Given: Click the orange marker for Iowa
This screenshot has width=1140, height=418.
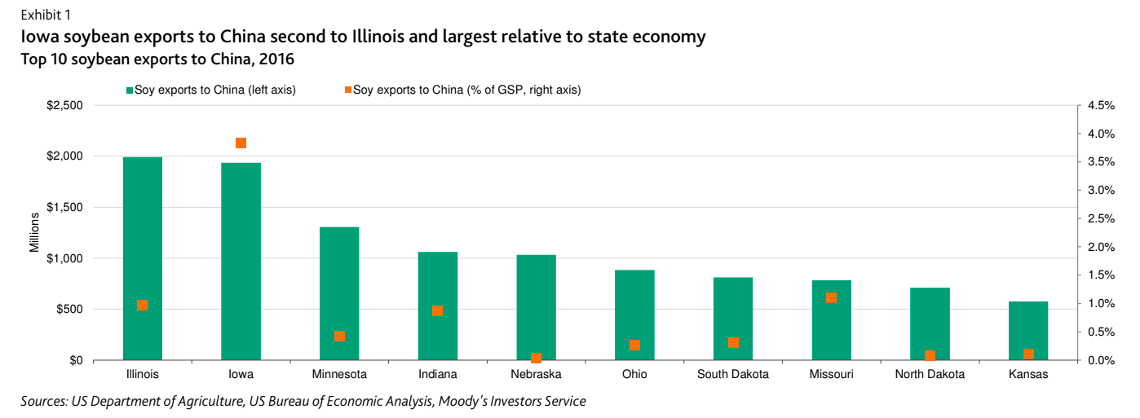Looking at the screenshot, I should pyautogui.click(x=241, y=143).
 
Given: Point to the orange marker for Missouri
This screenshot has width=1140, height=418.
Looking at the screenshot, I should pyautogui.click(x=831, y=297).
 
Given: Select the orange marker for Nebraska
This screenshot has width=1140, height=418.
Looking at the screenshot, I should pyautogui.click(x=536, y=358).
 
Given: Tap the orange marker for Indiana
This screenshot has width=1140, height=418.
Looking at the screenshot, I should pyautogui.click(x=437, y=310).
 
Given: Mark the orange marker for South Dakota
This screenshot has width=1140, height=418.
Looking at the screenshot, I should pyautogui.click(x=733, y=342).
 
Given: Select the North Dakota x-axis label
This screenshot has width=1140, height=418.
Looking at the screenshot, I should pyautogui.click(x=930, y=375).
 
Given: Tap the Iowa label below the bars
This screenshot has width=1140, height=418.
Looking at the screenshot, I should pyautogui.click(x=241, y=375).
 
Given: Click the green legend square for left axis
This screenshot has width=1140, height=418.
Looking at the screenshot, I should pyautogui.click(x=129, y=90).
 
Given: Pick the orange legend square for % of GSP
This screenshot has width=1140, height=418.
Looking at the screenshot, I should pyautogui.click(x=348, y=90).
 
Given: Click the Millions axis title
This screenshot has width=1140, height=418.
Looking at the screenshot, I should pyautogui.click(x=34, y=232).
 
